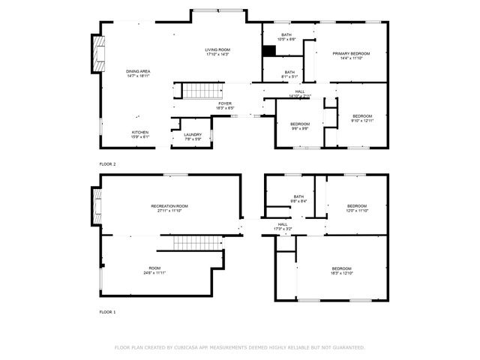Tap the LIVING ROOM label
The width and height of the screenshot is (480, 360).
coord(217,52)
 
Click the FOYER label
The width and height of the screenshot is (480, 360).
coord(225,106)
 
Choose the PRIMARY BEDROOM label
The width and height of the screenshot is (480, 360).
coord(352,55)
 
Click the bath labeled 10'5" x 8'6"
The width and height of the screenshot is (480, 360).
coord(286,37)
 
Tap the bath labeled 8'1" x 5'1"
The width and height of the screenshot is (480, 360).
coord(289,73)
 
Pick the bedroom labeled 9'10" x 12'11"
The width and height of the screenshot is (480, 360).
coord(362,118)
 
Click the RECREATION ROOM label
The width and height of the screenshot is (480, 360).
coord(169,208)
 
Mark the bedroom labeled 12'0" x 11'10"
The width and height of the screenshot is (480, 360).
coord(356,208)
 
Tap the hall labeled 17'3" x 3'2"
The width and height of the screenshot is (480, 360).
coord(283,226)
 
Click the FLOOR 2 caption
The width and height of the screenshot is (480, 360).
coord(109,163)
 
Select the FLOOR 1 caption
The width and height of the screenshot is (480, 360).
coord(109,310)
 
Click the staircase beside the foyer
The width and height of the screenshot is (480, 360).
coord(200,91)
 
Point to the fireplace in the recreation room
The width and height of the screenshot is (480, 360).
coord(95,205)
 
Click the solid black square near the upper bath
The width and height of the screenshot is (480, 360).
coord(269,51)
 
